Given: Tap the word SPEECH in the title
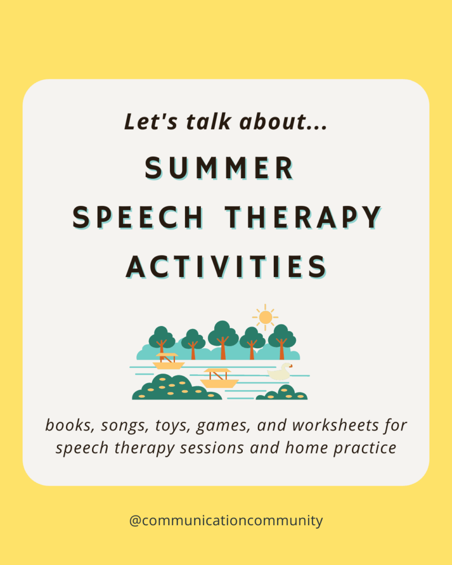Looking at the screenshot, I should click(x=139, y=217).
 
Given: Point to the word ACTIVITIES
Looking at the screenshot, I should click(x=226, y=267).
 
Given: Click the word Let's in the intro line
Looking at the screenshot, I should click(x=145, y=122).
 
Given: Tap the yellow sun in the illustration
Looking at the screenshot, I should click(x=265, y=317).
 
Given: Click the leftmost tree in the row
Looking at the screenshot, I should click(x=161, y=339).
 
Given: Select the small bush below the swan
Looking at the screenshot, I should click(x=282, y=393).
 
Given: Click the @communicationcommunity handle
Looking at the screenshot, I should click(x=226, y=520).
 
